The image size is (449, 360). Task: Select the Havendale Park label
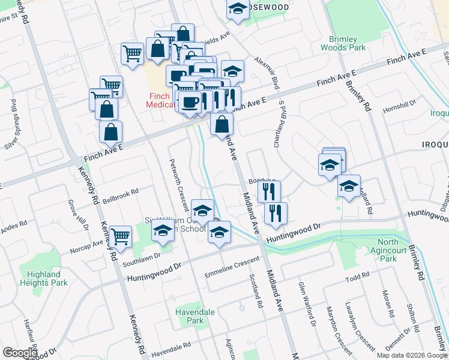(191, 316)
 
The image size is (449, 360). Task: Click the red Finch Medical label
(159, 100)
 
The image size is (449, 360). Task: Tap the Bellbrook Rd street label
(120, 194)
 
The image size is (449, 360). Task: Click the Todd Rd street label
(357, 278)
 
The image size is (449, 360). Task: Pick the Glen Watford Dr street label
(306, 303)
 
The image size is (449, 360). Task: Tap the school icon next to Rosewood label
(238, 9)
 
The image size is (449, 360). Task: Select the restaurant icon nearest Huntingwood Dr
(276, 213)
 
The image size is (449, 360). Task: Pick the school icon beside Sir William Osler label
(163, 230)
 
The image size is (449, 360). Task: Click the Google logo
(20, 353)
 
